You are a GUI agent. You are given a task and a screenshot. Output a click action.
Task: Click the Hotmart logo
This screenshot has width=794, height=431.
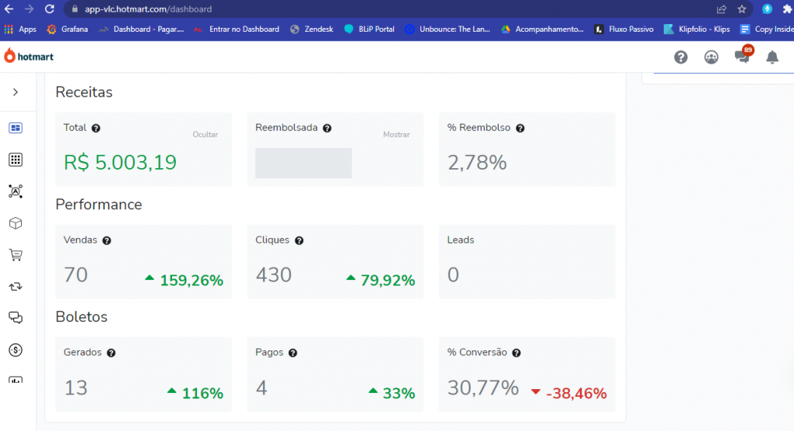click(x=29, y=57)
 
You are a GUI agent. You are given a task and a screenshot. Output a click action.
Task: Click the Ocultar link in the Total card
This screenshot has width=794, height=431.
click(x=205, y=134)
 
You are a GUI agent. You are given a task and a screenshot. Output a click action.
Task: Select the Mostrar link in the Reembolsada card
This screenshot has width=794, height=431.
click(x=396, y=134)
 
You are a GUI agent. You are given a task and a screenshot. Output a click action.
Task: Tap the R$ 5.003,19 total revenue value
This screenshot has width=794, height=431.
click(x=120, y=162)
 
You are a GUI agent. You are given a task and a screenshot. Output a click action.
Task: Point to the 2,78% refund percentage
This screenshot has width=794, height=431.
click(x=477, y=163)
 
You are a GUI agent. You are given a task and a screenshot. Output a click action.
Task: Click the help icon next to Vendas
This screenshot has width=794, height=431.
click(x=107, y=240)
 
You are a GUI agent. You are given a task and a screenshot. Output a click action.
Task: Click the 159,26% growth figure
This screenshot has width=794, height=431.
click(x=192, y=280)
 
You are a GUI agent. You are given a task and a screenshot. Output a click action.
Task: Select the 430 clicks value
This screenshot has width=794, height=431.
click(x=274, y=274)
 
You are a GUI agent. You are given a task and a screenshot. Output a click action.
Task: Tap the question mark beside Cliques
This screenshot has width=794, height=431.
click(x=299, y=240)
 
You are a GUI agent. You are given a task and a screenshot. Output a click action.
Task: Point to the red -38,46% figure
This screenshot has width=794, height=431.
click(x=576, y=393)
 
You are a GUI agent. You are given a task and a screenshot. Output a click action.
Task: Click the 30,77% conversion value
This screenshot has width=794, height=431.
click(x=483, y=388)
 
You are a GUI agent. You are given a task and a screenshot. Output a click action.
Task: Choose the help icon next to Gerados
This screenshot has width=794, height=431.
click(x=112, y=353)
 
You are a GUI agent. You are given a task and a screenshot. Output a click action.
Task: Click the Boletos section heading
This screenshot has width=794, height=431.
click(x=81, y=316)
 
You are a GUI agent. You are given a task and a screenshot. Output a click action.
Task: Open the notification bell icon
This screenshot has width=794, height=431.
click(x=772, y=57)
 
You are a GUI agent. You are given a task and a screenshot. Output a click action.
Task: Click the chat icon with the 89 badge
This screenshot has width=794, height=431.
click(x=743, y=56)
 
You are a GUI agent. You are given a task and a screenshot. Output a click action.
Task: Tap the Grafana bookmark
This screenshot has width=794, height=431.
click(x=67, y=29)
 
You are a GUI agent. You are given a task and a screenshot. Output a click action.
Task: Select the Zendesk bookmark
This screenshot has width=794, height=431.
click(x=312, y=29)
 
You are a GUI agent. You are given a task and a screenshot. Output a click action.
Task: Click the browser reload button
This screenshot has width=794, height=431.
click(x=49, y=9)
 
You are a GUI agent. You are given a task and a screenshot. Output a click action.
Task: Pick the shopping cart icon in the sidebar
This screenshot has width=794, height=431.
click(x=16, y=255)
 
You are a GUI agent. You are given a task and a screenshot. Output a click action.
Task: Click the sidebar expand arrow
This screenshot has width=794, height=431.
click(x=16, y=92)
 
